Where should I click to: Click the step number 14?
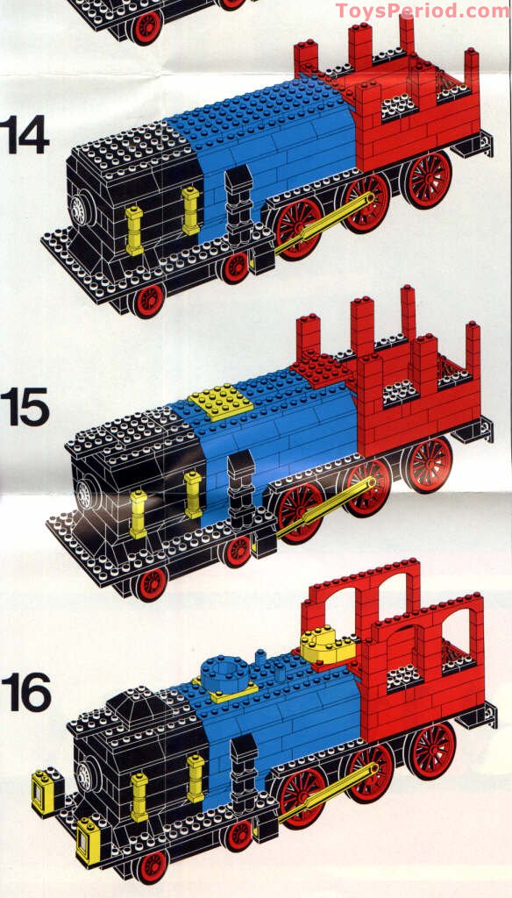tap(24, 134)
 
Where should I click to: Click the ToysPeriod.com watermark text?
tap(422, 11)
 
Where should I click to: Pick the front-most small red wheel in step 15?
tap(152, 582)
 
